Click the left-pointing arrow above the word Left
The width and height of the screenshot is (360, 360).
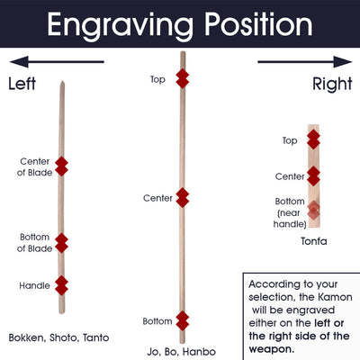57,62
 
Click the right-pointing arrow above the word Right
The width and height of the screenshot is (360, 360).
305,62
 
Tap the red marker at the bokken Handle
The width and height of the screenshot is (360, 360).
61,285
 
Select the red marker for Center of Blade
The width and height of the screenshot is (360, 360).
61,166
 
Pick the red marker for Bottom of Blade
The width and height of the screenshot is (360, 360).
61,243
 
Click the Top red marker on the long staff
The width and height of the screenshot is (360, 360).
183,78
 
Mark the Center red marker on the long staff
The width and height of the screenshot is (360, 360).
183,198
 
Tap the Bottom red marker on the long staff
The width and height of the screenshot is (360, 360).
183,320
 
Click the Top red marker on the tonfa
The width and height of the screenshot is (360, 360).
313,139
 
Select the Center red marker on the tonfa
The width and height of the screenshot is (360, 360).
313,176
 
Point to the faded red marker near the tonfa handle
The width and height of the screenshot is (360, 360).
313,210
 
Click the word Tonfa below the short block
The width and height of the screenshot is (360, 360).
314,241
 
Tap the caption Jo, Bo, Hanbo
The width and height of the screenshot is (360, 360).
182,352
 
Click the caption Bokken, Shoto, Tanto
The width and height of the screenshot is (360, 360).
58,337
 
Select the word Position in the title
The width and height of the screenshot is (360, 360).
258,24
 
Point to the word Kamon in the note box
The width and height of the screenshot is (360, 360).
335,297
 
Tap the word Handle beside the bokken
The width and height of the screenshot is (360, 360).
34,285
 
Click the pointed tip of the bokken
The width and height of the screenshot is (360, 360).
62,82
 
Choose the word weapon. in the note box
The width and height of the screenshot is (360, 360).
272,349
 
